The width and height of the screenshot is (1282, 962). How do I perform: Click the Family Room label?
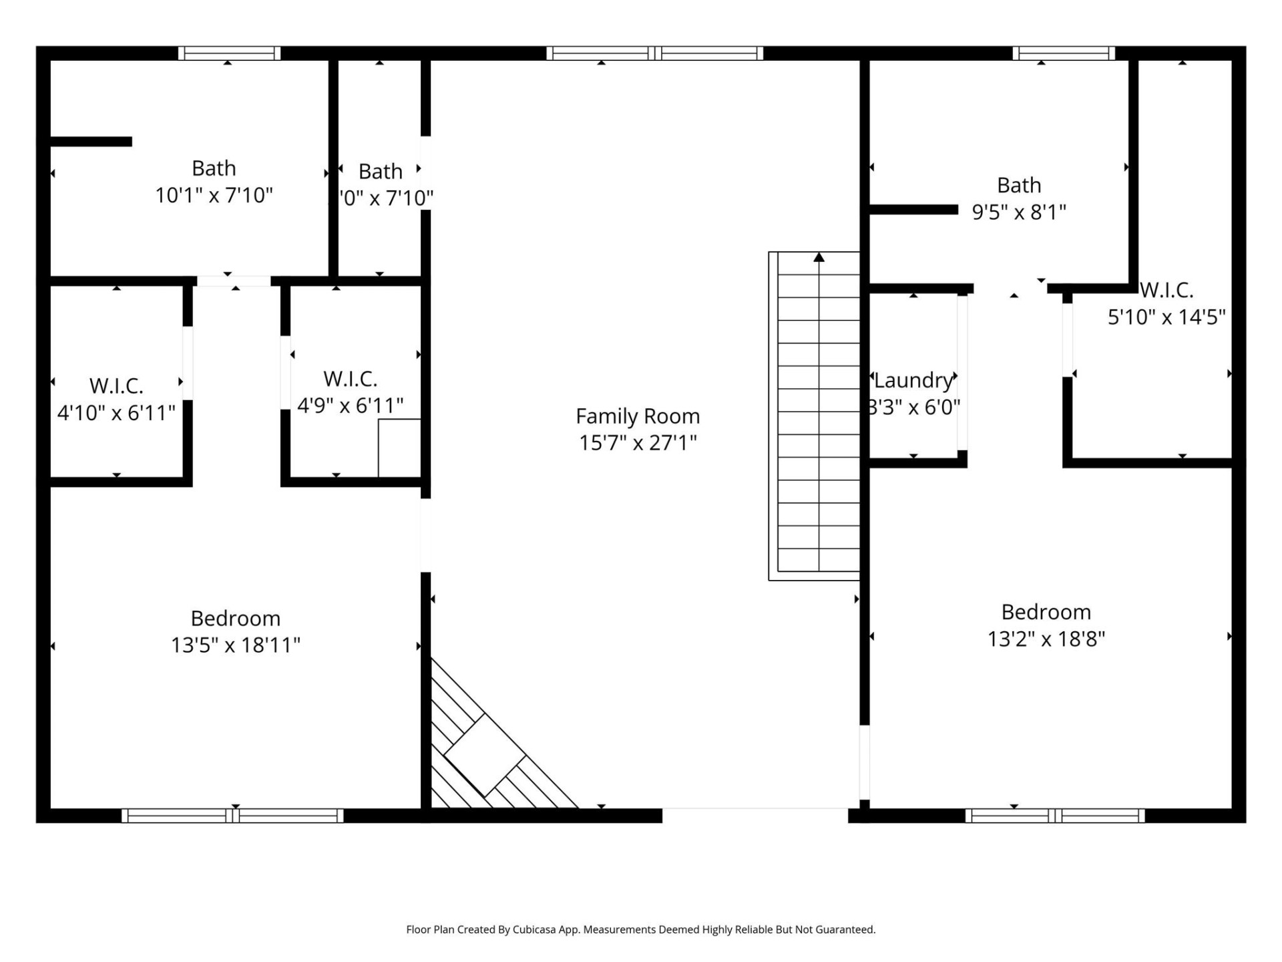pos(638,416)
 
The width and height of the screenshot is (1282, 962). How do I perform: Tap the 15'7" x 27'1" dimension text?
pos(638,443)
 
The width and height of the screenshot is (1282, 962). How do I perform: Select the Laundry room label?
pos(913,380)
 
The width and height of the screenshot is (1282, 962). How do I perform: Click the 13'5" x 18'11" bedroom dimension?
pos(236,645)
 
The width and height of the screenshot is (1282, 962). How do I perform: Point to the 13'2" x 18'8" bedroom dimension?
pos(1046,639)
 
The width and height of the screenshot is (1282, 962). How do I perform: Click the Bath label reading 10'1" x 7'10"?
pos(214,168)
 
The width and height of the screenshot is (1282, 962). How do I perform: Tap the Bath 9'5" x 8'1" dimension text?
pos(1019,212)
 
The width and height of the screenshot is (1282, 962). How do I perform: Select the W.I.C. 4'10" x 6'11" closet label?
pos(116,386)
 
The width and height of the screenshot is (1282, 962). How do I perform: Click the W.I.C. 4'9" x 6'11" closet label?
pos(351,379)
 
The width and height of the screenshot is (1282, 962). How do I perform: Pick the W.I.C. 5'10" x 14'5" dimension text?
pos(1166,317)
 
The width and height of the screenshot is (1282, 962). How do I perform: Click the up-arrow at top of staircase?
pos(819,258)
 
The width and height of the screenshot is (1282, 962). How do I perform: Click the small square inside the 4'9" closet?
pos(399,448)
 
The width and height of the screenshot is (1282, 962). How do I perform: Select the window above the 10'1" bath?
pos(229,53)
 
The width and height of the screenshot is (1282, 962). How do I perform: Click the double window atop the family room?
pos(654,53)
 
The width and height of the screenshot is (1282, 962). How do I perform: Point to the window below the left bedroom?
pos(232,816)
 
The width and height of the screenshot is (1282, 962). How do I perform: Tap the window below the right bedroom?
pos(1055,816)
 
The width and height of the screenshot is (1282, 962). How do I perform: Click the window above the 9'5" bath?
pos(1064,53)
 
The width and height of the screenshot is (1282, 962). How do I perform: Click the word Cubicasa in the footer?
pos(534,929)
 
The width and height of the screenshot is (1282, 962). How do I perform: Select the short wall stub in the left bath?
pos(91,142)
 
